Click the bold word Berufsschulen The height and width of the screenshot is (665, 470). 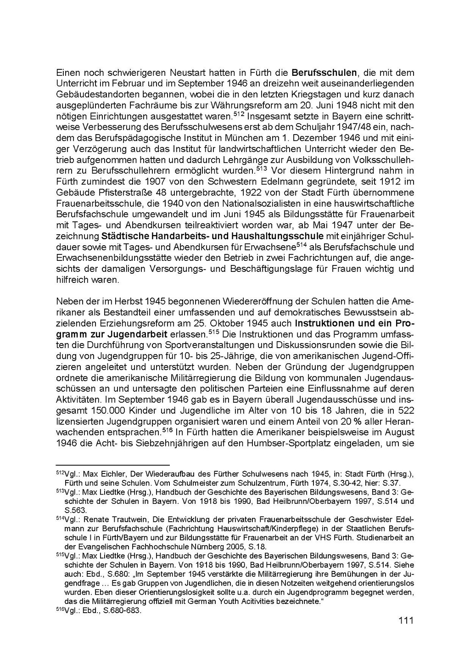point(324,73)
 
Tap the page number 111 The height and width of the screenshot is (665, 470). point(406,620)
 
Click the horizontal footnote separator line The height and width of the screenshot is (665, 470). point(112,465)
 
